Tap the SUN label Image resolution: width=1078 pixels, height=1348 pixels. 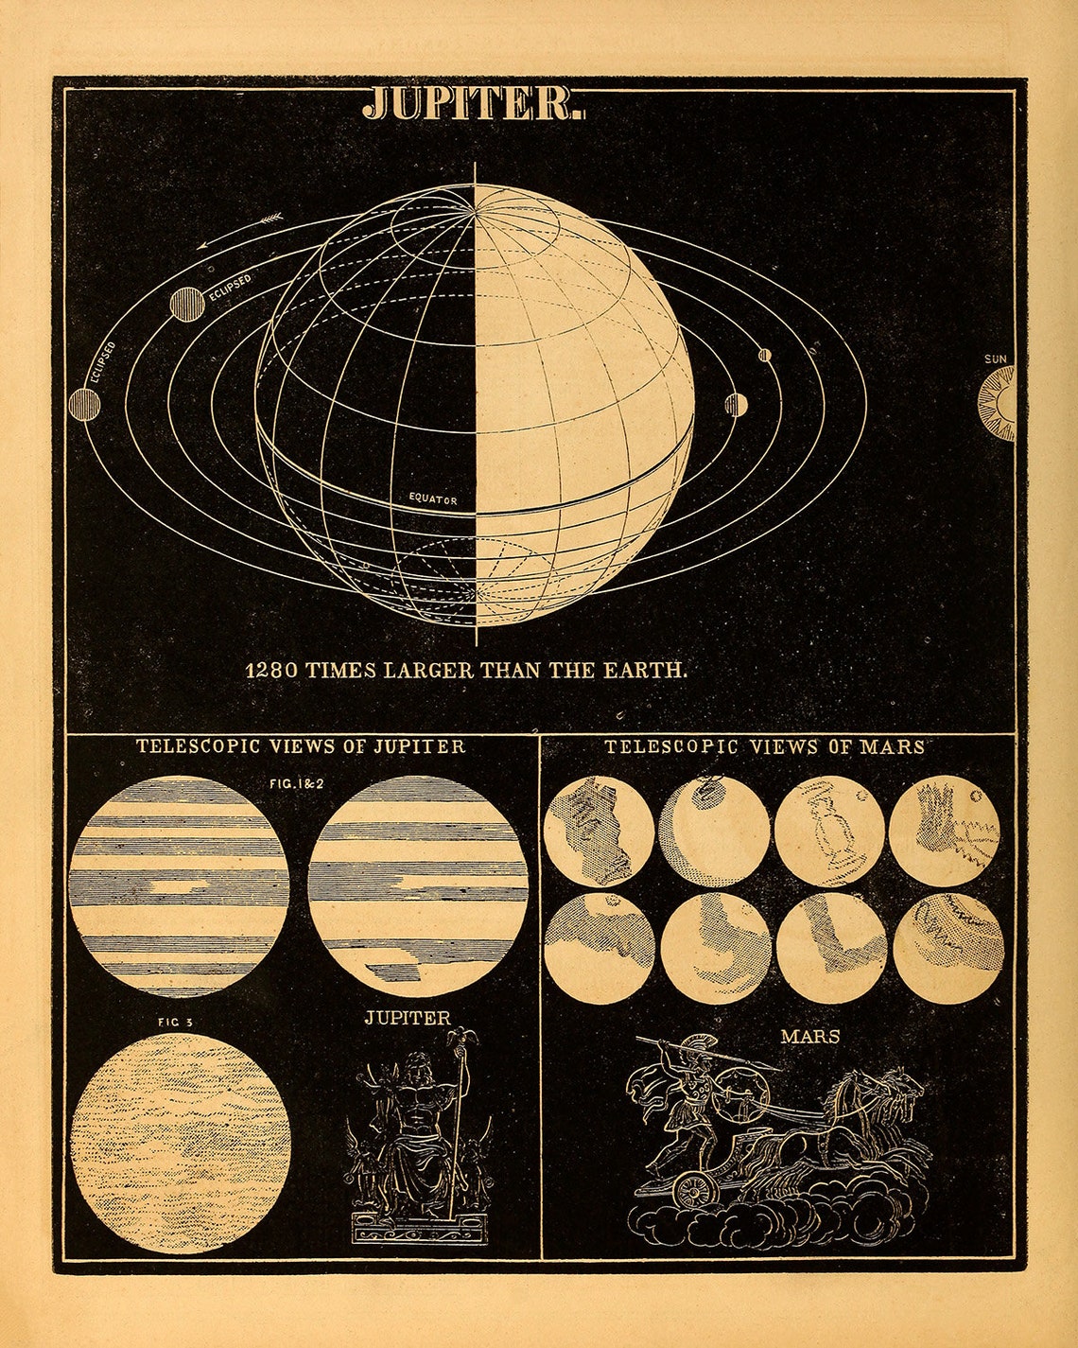pos(996,359)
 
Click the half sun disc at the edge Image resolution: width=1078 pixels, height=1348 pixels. pos(999,405)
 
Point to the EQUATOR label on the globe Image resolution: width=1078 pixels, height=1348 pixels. pos(433,499)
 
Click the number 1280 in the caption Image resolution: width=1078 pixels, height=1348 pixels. pos(272,671)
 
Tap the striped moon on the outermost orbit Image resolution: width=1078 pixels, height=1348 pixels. pos(84,404)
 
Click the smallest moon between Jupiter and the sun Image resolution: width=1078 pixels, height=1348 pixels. pos(764,356)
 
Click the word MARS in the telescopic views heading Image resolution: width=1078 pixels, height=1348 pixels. pos(892,746)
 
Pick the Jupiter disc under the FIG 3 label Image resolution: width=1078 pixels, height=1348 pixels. pos(181,1142)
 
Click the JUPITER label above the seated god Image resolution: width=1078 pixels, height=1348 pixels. pos(408,1019)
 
